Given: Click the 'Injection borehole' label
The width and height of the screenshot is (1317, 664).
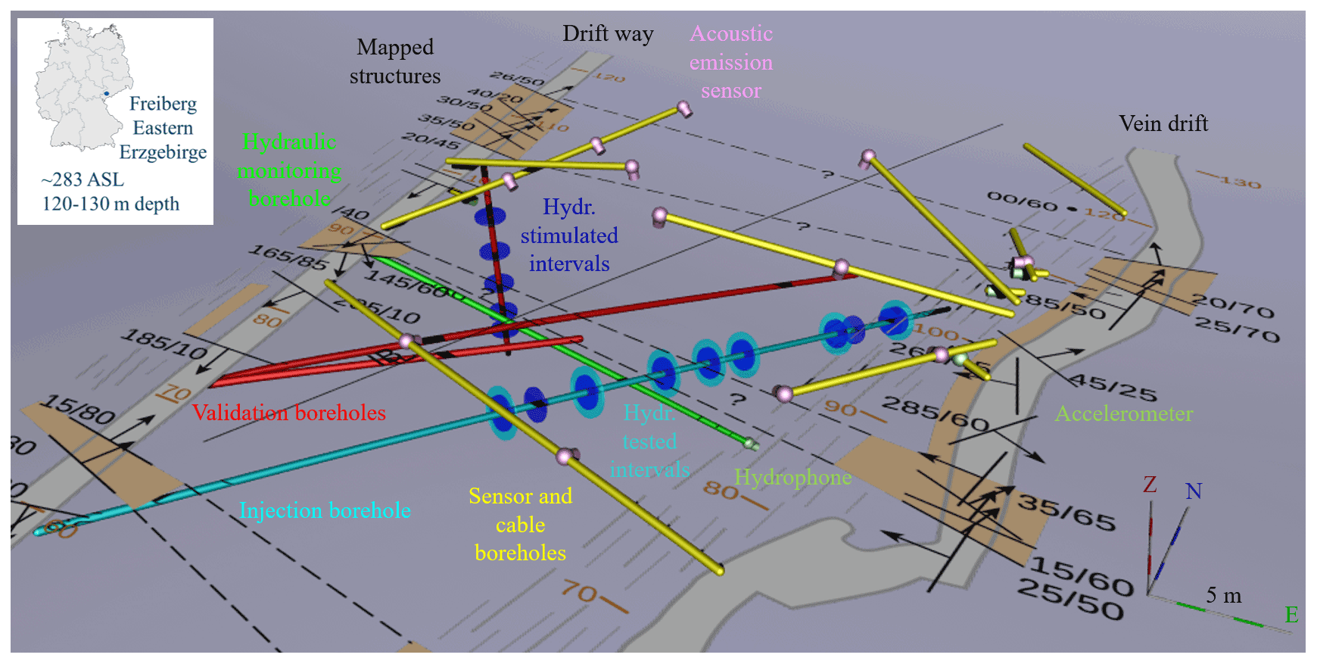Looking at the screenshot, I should [x=325, y=510].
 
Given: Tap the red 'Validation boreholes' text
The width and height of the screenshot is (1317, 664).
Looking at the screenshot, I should [x=288, y=413].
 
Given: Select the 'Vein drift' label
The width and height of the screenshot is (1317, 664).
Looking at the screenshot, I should [x=1163, y=123].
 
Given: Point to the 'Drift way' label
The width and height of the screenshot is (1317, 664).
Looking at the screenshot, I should [x=607, y=33].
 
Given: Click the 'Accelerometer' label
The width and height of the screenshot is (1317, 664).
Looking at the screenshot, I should [x=1123, y=413].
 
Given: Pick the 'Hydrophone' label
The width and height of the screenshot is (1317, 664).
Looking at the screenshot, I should [x=792, y=477].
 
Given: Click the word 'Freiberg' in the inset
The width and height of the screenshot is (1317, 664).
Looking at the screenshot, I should [x=163, y=104].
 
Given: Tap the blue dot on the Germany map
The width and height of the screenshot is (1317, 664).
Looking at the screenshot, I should [x=107, y=94].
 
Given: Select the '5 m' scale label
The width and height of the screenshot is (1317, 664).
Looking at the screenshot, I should [x=1223, y=595].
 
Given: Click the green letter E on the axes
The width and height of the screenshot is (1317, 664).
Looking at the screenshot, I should [x=1291, y=615].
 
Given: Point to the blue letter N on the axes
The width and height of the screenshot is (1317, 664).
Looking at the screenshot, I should [x=1194, y=491].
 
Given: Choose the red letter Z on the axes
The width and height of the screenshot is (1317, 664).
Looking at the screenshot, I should [x=1150, y=485].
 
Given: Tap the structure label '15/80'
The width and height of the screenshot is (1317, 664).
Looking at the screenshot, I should [x=78, y=409].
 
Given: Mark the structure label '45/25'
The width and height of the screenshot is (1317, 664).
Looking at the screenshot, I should [x=1112, y=387].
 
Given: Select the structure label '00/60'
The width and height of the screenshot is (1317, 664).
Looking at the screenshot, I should [x=1021, y=201].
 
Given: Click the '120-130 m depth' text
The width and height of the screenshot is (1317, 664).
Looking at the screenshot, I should [x=111, y=204].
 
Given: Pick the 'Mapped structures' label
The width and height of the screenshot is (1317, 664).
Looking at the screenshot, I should [x=395, y=61].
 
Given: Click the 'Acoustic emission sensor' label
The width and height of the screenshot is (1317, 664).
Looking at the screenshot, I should [x=730, y=62].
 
